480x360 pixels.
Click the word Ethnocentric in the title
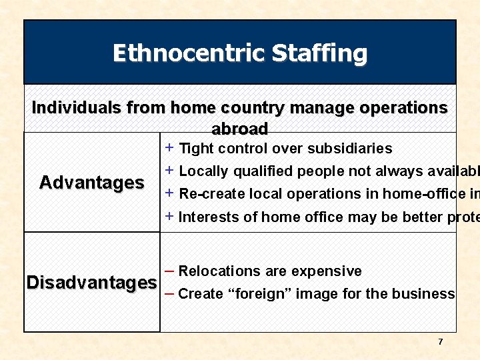[x=174, y=53]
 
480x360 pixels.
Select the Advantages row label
[x=92, y=182]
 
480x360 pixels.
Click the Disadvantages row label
[x=92, y=282]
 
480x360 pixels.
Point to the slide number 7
[x=440, y=342]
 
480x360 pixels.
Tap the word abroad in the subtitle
[x=240, y=128]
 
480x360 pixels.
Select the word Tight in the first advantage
[x=195, y=148]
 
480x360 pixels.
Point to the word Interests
[x=207, y=217]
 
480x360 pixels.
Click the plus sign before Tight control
[x=170, y=147]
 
